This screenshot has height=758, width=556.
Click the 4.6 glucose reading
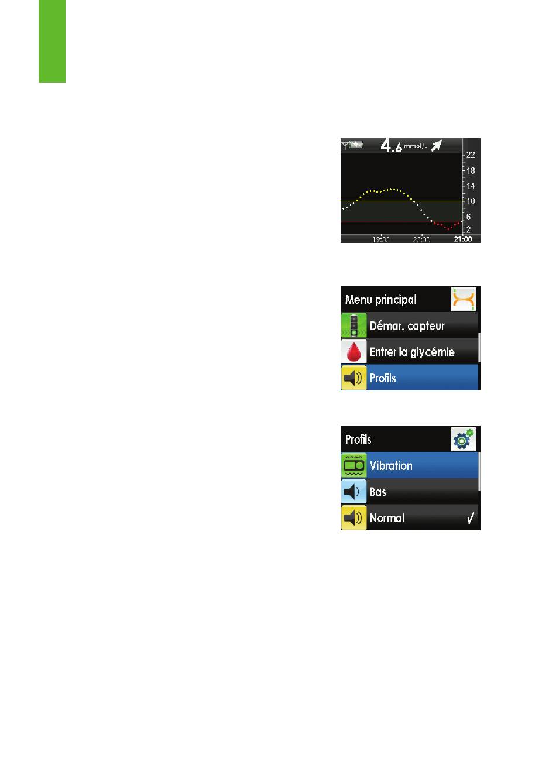click(391, 146)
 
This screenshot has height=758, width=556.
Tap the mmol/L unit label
click(415, 146)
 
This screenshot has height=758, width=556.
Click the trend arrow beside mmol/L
click(436, 146)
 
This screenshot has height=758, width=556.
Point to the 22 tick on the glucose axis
click(471, 155)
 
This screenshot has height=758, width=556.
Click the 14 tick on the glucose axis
click(471, 186)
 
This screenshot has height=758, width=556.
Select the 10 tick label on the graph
click(471, 201)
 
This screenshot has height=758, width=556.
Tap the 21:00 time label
click(462, 239)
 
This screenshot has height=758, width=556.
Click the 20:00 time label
click(421, 239)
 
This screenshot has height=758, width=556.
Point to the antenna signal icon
click(345, 146)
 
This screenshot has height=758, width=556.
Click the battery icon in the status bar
click(356, 145)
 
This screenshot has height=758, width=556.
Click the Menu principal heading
click(380, 300)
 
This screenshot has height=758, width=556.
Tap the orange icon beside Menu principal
click(464, 299)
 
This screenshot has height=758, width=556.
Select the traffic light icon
click(353, 325)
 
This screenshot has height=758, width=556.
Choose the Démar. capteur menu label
click(407, 326)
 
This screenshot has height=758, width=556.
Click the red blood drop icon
click(353, 352)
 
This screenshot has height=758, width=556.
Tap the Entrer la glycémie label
click(412, 352)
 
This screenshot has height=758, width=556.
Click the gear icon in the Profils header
click(464, 439)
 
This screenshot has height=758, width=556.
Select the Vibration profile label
click(391, 466)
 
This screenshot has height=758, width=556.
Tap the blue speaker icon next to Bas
click(353, 491)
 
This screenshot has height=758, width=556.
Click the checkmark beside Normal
click(471, 518)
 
